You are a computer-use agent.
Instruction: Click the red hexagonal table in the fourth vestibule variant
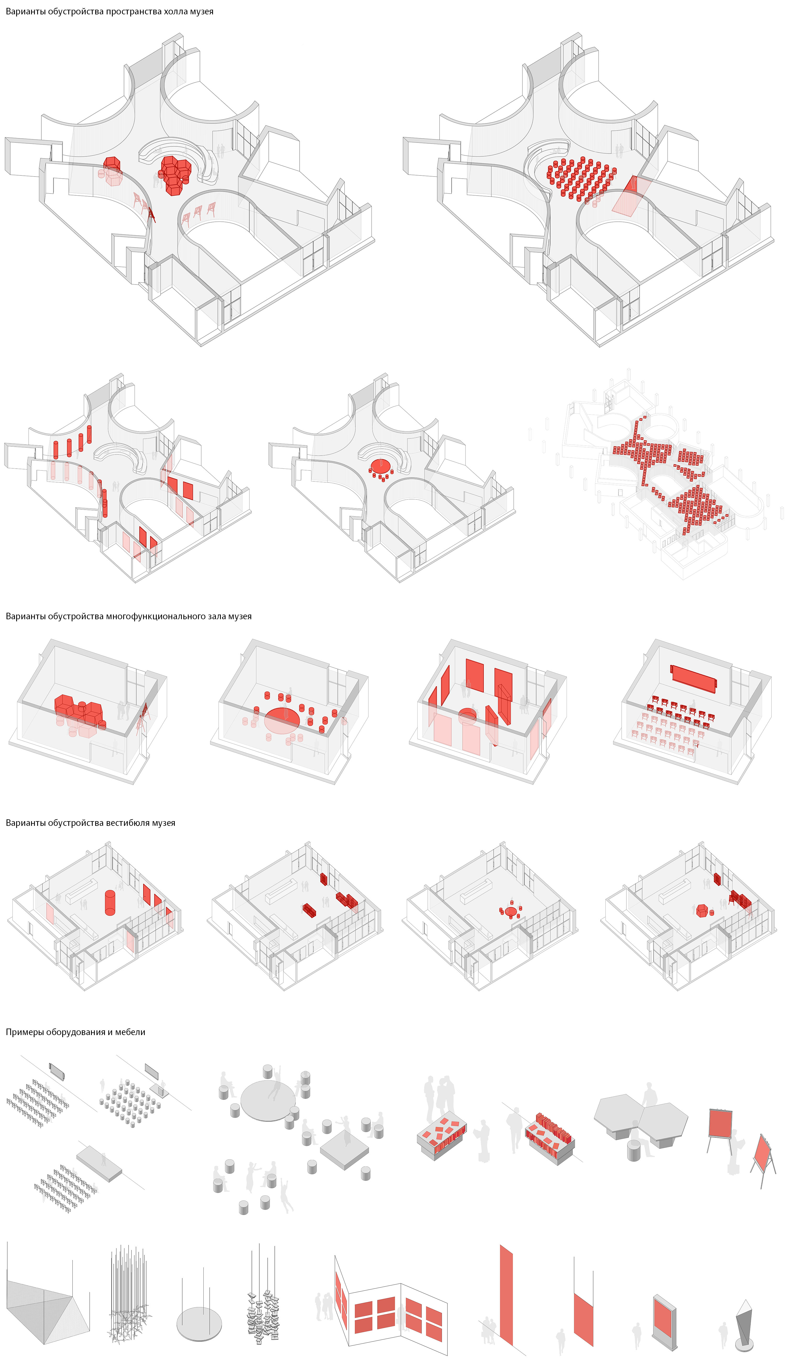(x=702, y=911)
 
